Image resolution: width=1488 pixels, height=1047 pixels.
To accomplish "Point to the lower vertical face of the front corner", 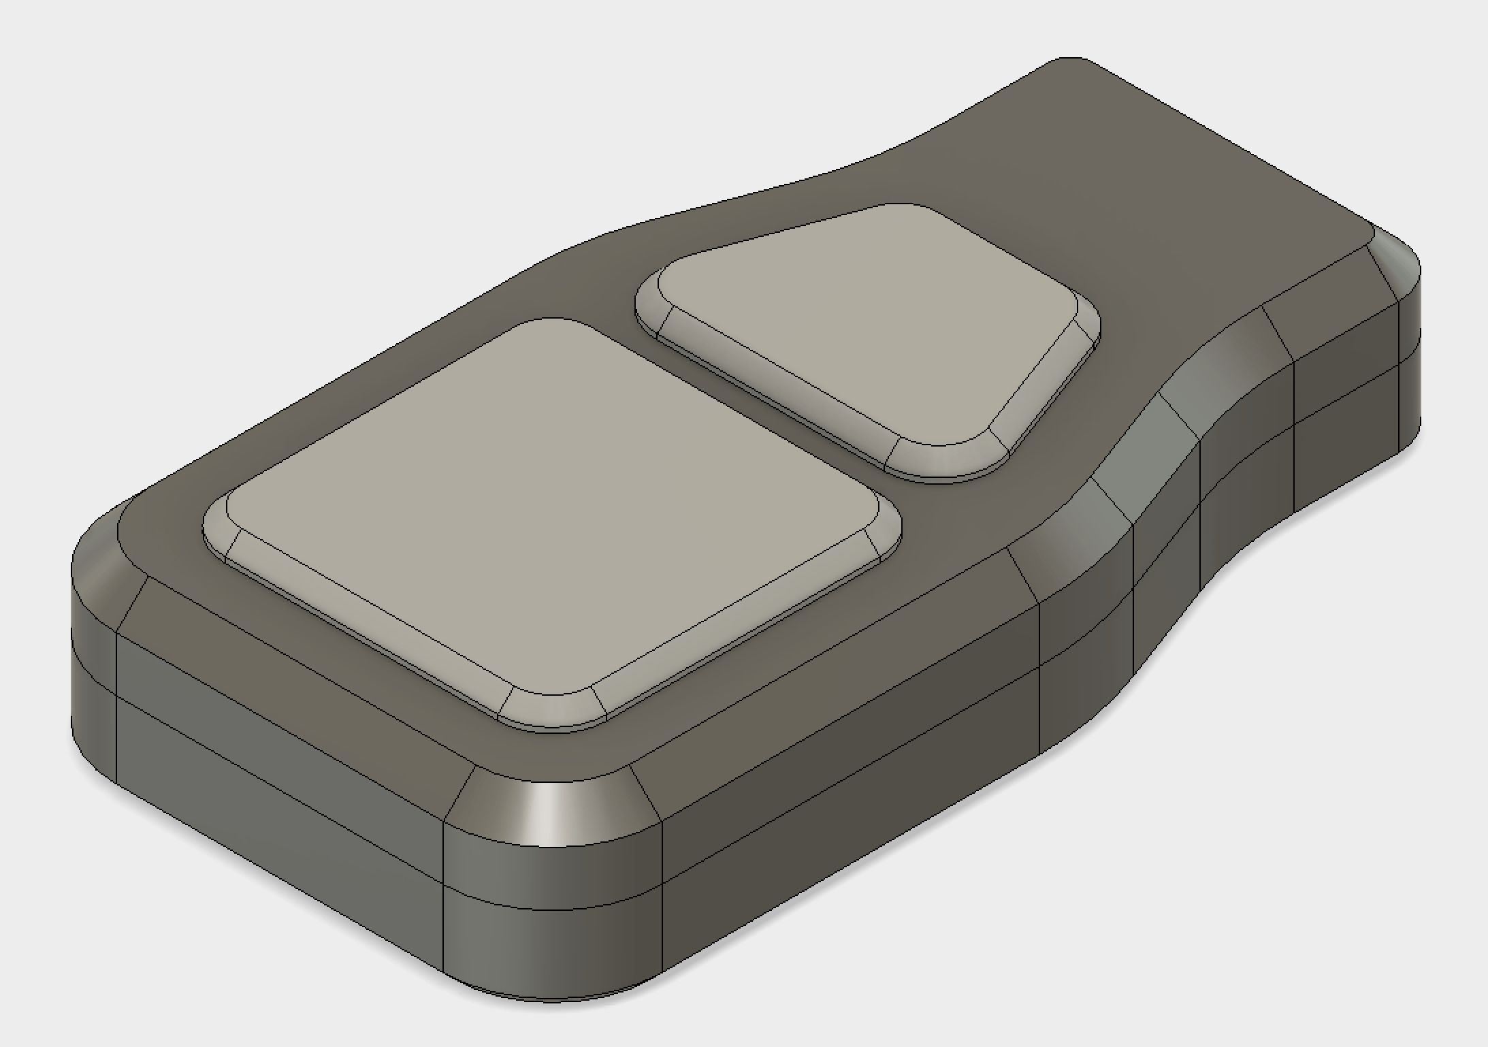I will coord(551,953).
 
